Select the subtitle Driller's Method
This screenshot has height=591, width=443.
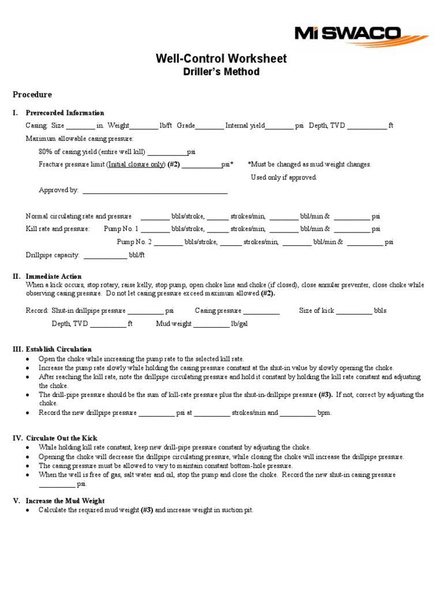(221, 72)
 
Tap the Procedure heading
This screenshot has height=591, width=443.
(32, 95)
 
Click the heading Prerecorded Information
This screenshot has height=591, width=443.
(65, 113)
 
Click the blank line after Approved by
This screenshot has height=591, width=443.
(155, 191)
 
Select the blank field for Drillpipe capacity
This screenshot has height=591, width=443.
(105, 256)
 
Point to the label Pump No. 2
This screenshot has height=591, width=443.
(134, 242)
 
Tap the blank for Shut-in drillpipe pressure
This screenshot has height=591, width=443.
(145, 312)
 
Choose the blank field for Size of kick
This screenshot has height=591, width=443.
(354, 312)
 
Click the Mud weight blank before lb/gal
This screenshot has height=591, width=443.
(211, 325)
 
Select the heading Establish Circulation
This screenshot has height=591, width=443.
(58, 349)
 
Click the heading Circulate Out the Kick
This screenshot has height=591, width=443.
(61, 438)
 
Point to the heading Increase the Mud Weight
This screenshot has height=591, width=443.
(65, 501)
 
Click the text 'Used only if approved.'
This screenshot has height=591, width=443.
(284, 178)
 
